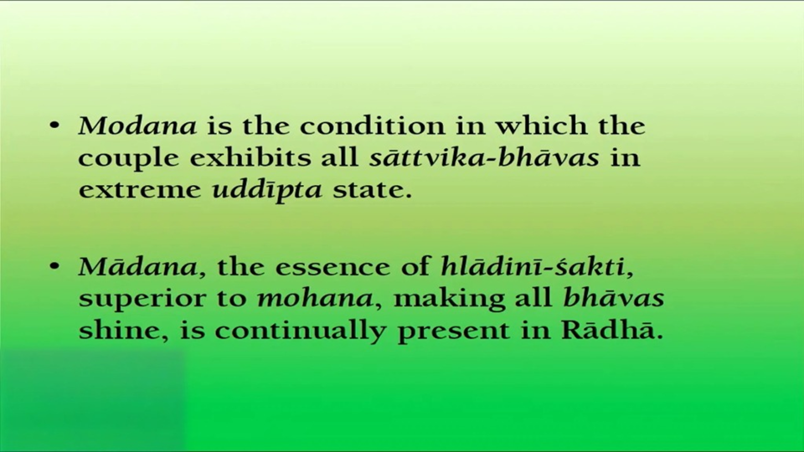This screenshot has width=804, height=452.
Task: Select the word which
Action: click(541, 126)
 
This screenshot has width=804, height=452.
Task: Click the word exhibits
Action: click(250, 157)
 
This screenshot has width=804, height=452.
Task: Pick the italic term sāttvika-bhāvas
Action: click(484, 157)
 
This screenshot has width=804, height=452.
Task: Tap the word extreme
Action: click(140, 190)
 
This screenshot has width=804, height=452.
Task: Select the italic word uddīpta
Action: click(267, 191)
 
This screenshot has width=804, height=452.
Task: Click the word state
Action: click(372, 190)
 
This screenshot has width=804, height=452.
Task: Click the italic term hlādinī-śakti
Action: click(537, 266)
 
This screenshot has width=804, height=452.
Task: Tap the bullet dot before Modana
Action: click(55, 126)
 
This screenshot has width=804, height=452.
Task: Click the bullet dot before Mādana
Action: click(55, 266)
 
